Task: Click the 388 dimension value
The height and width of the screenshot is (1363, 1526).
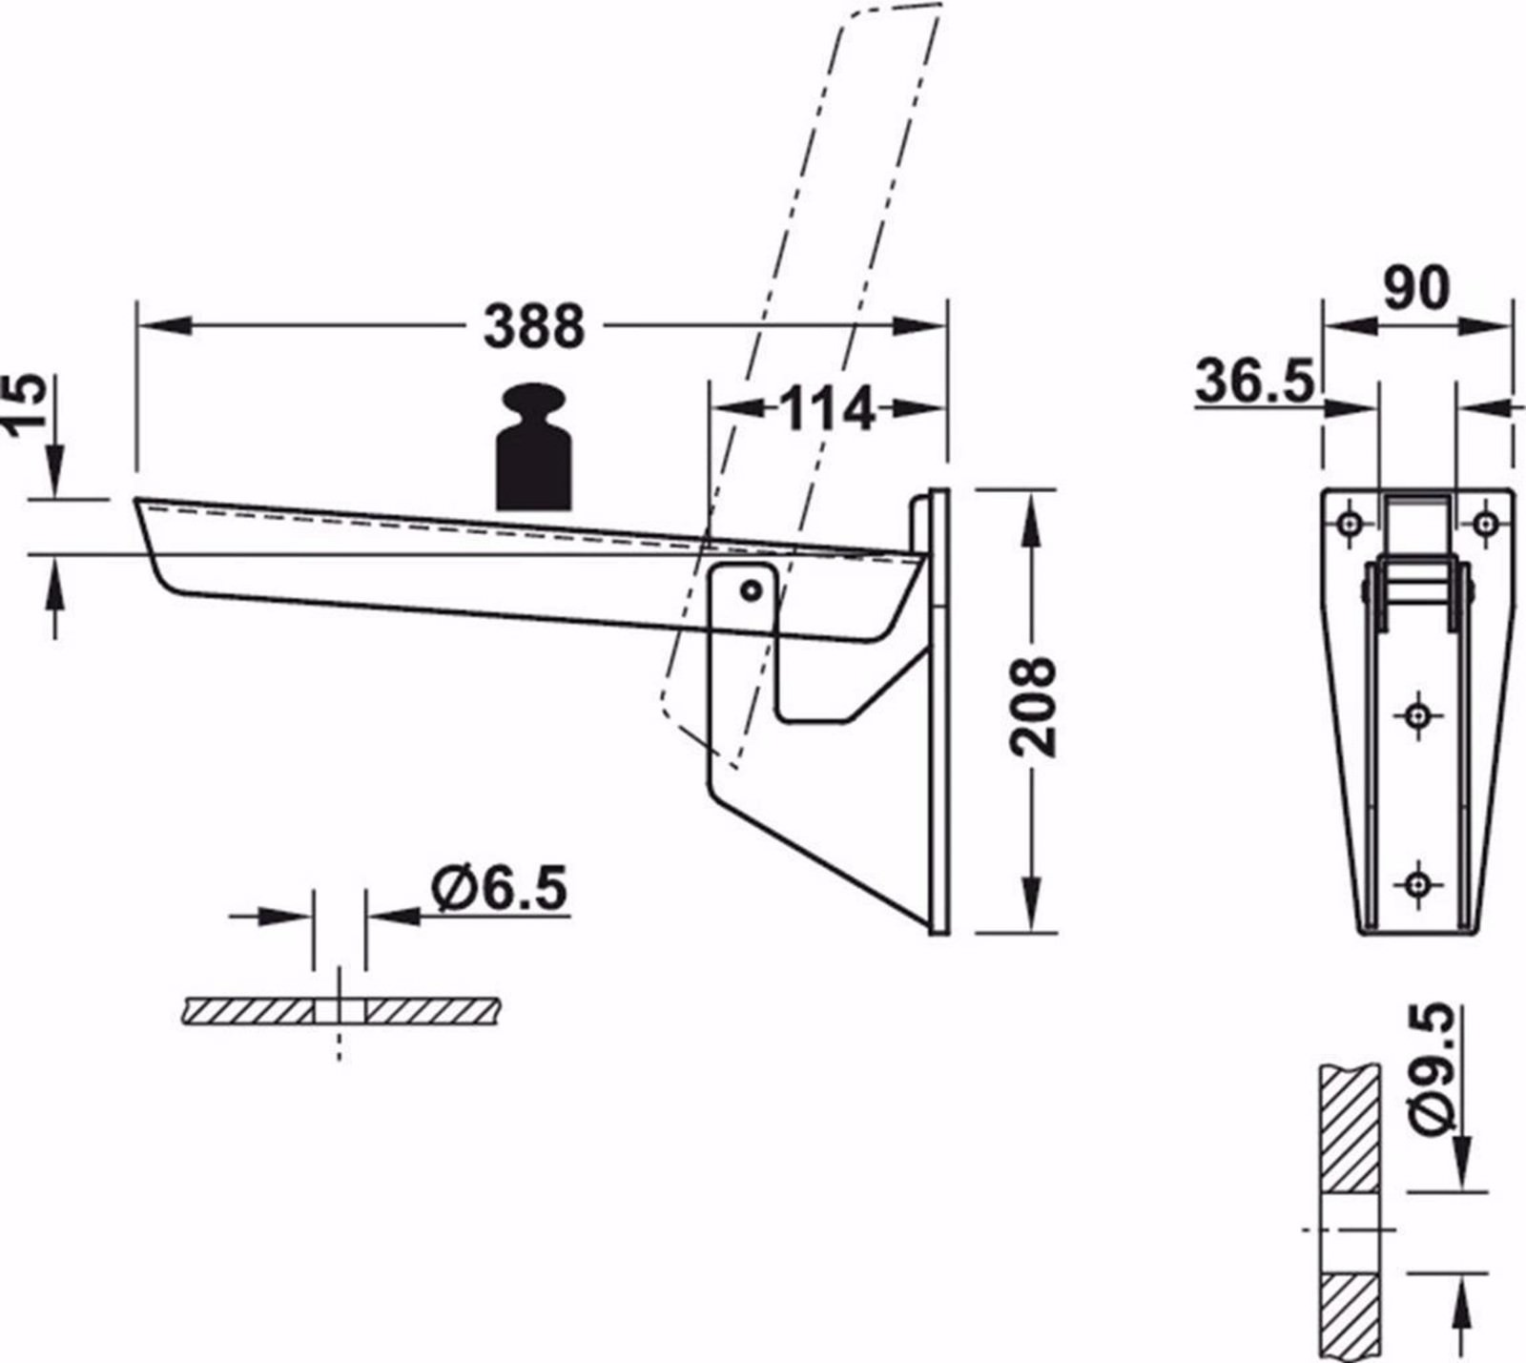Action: click(x=533, y=326)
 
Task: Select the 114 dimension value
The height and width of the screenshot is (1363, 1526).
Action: click(x=827, y=409)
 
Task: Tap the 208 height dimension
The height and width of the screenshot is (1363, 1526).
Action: click(x=1034, y=707)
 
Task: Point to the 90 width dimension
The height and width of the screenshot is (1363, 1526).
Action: click(x=1416, y=289)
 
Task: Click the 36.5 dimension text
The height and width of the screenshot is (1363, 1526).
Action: click(x=1253, y=381)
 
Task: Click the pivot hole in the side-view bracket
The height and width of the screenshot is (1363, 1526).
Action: click(x=752, y=591)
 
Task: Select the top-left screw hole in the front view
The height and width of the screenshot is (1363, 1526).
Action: click(x=1350, y=522)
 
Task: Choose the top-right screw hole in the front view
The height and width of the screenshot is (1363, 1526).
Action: click(x=1485, y=522)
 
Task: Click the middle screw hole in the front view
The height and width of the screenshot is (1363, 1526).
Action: click(x=1418, y=714)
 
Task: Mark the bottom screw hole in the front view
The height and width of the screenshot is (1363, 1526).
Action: click(x=1418, y=883)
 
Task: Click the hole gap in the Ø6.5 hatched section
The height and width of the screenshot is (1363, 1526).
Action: click(x=340, y=1011)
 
